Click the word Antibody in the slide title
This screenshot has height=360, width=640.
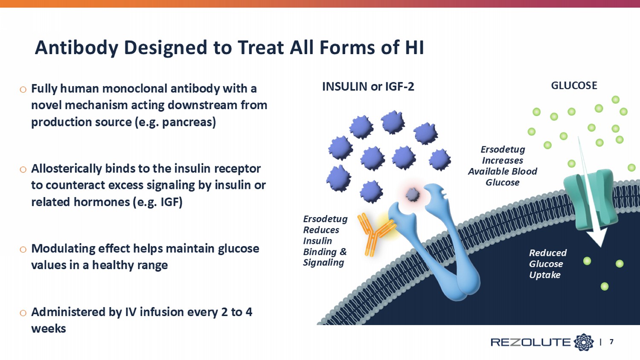point(76,48)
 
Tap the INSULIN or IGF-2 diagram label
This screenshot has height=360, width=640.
point(368,87)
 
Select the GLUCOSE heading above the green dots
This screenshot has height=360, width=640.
point(574,85)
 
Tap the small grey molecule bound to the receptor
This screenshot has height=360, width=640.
point(413,195)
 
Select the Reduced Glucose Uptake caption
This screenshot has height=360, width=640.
point(547,264)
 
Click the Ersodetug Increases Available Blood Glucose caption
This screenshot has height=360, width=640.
point(503,165)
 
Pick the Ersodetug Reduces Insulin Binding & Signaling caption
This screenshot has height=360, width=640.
point(325,241)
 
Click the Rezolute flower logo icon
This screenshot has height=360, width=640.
point(583,342)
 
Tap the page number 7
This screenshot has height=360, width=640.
point(611,342)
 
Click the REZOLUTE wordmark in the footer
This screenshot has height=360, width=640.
point(530,342)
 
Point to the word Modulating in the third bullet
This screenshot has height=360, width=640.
point(63,248)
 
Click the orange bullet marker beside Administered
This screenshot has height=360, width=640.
point(23,313)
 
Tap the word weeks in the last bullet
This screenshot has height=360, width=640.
point(48,328)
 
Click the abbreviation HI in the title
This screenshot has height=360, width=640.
point(414,48)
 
